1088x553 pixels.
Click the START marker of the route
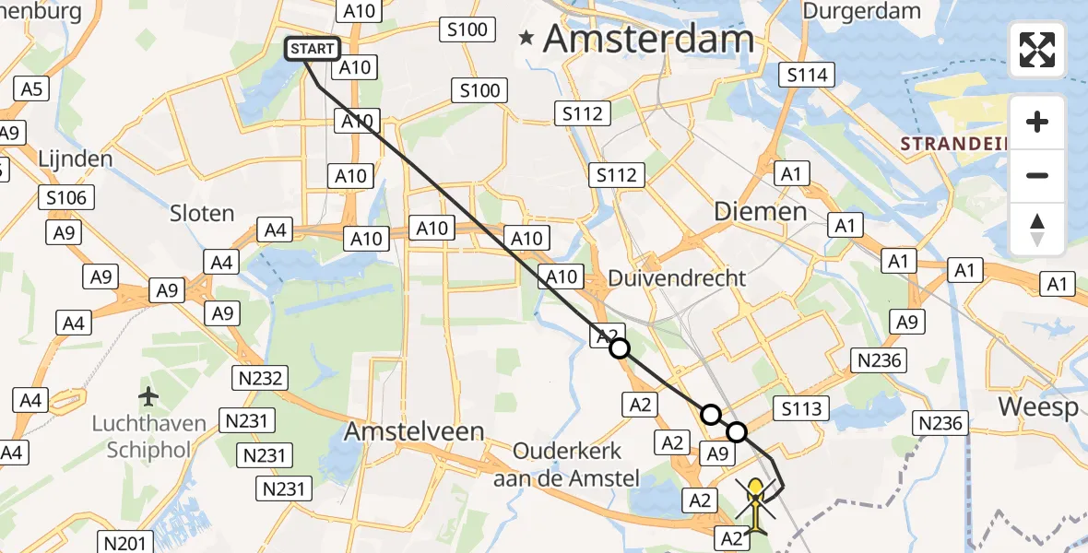pos(314,49)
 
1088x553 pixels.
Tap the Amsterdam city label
pos(649,39)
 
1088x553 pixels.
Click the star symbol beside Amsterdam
pos(526,39)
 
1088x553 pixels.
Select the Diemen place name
pos(761,211)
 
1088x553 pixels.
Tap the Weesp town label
pos(1037,407)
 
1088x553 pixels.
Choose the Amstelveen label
pos(415,431)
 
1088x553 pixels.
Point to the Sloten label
pos(203,213)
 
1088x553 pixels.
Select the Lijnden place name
pos(76,159)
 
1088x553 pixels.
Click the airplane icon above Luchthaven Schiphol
pos(148,396)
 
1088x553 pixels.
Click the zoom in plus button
pos(1037,122)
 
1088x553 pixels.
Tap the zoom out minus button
pos(1037,175)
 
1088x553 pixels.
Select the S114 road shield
pos(807,76)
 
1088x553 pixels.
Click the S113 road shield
pos(802,408)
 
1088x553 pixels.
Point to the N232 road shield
pos(262,378)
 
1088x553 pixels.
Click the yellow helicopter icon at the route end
pos(756,505)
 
